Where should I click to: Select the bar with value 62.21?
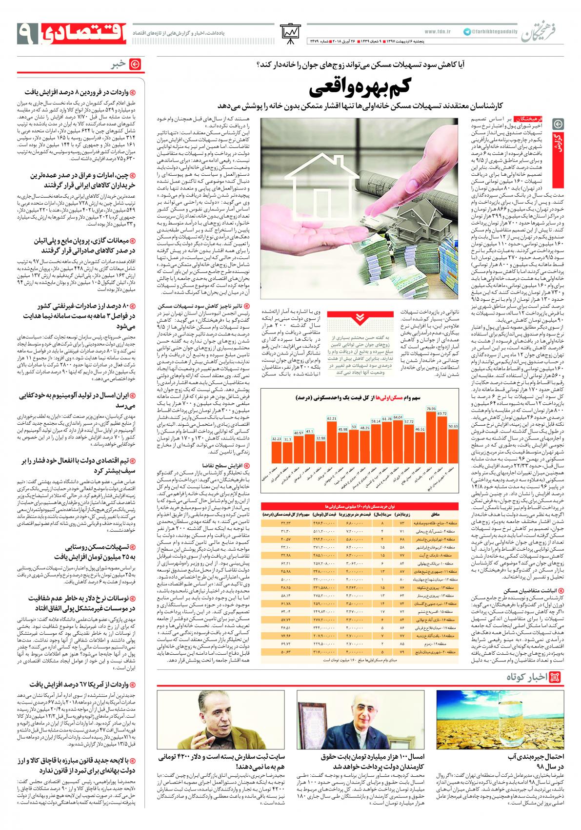tap(332, 439)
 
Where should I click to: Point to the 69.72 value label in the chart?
tap(442, 414)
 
